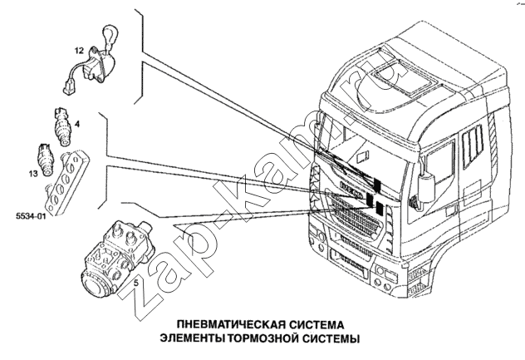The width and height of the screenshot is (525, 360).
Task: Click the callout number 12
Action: point(78,51)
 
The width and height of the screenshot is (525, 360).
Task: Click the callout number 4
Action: point(77,124)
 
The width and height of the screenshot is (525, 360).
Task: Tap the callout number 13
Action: point(32,174)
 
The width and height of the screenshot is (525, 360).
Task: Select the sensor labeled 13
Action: point(47,157)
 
